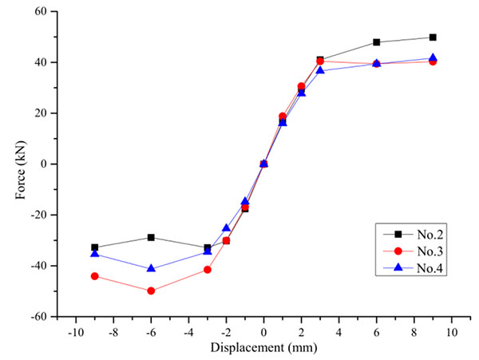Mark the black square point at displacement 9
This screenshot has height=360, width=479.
click(x=433, y=38)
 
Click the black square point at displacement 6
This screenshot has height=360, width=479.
click(x=376, y=42)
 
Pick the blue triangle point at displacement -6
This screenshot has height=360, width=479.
click(x=151, y=268)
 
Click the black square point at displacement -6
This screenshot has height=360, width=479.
click(x=151, y=237)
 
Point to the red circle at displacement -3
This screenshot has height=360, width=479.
click(x=208, y=270)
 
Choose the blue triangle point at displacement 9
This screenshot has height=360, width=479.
click(x=433, y=58)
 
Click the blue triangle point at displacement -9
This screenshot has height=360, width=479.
click(x=94, y=253)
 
